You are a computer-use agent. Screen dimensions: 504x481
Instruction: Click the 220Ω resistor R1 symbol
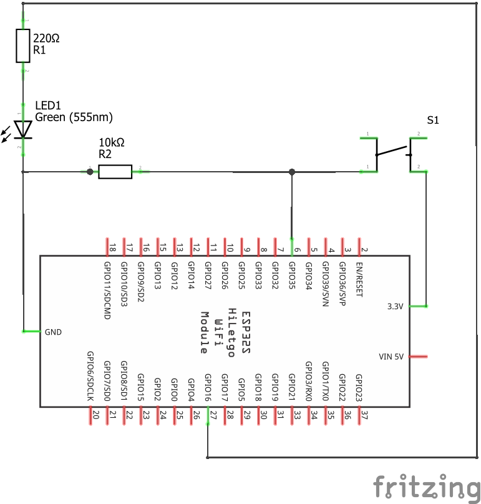click(x=24, y=46)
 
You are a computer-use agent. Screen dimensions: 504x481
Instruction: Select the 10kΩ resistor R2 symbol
click(x=115, y=171)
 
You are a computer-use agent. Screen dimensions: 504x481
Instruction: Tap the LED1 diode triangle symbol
click(x=24, y=129)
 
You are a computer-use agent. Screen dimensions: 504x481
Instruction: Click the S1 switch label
click(x=433, y=120)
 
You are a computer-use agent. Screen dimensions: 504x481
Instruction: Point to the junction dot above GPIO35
click(x=292, y=171)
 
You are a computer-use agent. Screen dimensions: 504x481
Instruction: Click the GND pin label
click(x=54, y=332)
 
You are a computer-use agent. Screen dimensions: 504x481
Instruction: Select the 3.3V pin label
click(x=396, y=306)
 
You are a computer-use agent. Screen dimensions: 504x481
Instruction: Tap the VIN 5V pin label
click(x=392, y=357)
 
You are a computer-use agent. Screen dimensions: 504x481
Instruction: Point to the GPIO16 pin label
click(x=208, y=387)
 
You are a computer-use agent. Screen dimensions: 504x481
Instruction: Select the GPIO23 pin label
click(x=359, y=387)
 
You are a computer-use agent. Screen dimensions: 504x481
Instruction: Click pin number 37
click(x=364, y=413)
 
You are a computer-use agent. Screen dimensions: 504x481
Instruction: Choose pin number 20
click(x=95, y=413)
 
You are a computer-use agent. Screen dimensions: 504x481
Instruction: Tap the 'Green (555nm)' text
click(x=74, y=117)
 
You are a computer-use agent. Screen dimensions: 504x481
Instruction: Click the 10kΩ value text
click(x=112, y=142)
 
